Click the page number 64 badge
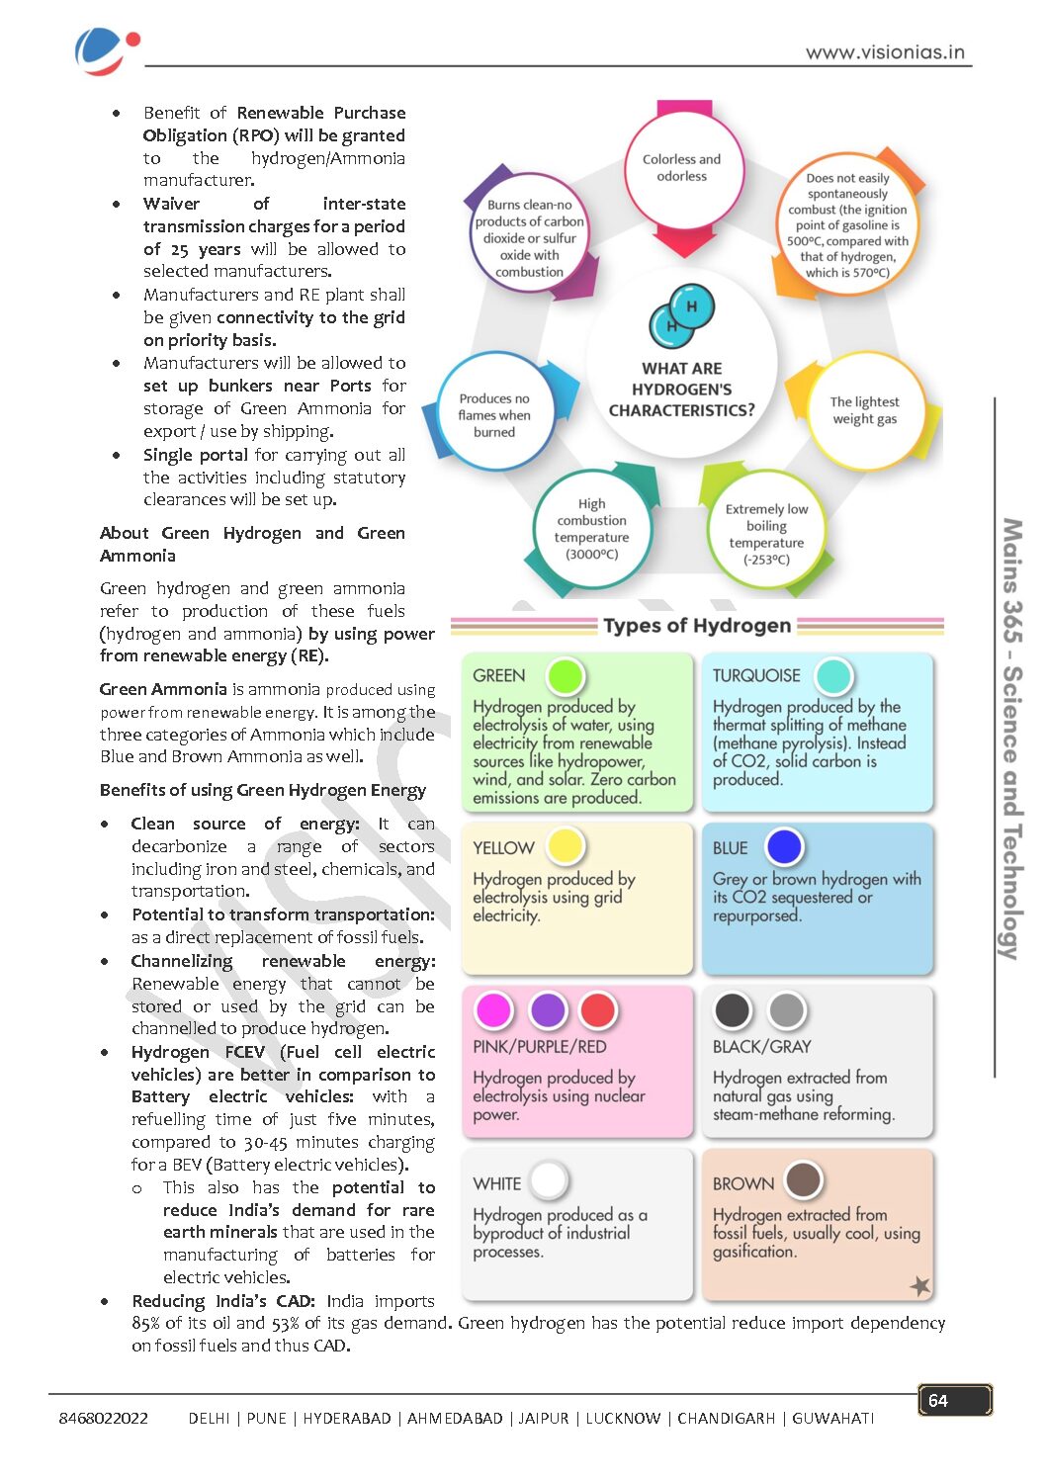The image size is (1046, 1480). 954,1400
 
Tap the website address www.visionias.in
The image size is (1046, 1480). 885,52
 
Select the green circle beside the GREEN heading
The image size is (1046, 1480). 566,676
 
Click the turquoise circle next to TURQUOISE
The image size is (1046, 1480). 833,676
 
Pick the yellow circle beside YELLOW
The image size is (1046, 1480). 566,846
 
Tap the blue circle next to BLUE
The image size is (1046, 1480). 783,846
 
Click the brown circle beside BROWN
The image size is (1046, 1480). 803,1180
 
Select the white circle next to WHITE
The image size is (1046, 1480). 549,1180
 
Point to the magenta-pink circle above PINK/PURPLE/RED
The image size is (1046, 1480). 493,1010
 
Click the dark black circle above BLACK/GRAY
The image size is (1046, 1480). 733,1010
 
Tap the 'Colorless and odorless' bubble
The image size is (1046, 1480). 682,168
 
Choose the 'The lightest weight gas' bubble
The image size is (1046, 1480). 865,410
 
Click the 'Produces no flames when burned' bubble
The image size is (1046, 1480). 494,415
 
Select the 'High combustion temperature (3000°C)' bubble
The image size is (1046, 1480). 591,529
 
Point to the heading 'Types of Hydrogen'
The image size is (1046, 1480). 697,626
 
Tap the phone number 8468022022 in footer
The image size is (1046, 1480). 104,1418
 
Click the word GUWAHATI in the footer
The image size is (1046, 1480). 832,1418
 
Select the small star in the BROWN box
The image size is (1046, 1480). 919,1285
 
